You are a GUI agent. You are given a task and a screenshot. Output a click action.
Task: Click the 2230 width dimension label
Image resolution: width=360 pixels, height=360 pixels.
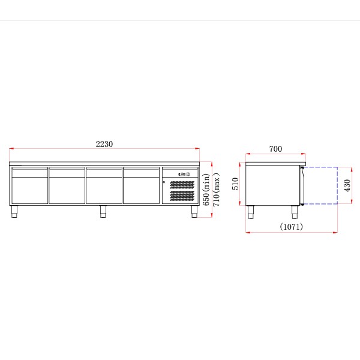click(x=104, y=144)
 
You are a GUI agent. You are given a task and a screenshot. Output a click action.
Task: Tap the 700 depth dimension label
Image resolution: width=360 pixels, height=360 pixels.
click(x=275, y=149)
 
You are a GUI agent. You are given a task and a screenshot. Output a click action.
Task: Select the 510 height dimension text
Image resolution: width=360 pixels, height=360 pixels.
click(x=235, y=184)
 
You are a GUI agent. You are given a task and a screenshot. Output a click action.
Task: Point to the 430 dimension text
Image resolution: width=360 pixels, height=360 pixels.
click(x=347, y=185)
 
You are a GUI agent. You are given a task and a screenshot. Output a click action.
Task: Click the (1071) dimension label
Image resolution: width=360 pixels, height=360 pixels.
click(x=292, y=227)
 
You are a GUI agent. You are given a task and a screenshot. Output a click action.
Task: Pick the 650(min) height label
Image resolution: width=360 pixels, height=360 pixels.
click(x=206, y=190)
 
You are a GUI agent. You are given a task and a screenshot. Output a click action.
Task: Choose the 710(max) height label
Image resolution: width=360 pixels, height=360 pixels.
click(x=216, y=190)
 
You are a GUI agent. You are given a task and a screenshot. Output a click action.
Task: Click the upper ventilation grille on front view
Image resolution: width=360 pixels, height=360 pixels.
click(x=182, y=185)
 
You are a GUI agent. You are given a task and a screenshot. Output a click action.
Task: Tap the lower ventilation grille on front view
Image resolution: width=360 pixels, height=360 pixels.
click(x=182, y=196)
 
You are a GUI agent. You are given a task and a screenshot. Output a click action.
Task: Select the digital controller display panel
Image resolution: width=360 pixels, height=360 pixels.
click(x=184, y=174)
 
